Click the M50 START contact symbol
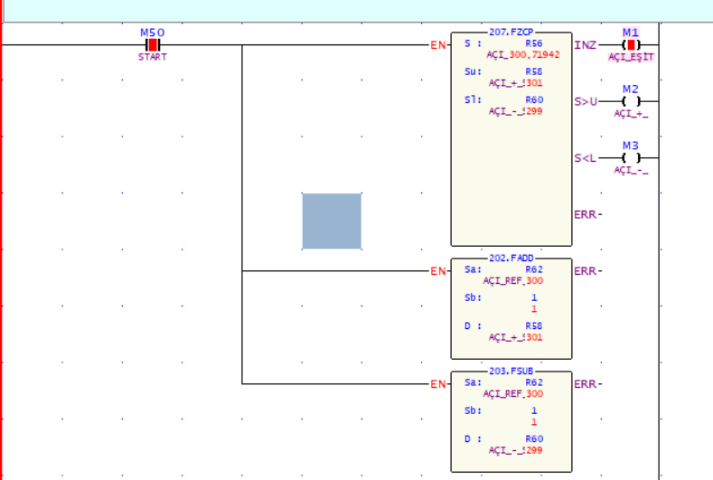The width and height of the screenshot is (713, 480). tap(153, 44)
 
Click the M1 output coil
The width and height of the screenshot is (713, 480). tap(631, 44)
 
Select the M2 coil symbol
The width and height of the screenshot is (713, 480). tap(631, 101)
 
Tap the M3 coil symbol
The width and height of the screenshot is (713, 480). tap(631, 158)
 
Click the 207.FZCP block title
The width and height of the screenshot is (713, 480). tap(511, 32)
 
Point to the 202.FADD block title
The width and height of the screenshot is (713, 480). tap(511, 259)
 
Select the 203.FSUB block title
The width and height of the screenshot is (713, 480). tap(511, 372)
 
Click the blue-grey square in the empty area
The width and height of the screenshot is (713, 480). tap(332, 221)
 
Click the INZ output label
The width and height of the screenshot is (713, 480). tap(585, 44)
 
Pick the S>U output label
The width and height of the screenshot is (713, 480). tap(586, 101)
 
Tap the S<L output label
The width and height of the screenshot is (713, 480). tap(586, 158)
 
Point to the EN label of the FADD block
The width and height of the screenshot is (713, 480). tap(438, 270)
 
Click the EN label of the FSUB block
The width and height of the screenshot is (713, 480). tap(438, 383)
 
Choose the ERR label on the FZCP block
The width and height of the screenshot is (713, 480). tap(587, 214)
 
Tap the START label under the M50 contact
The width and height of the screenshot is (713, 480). tap(153, 57)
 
